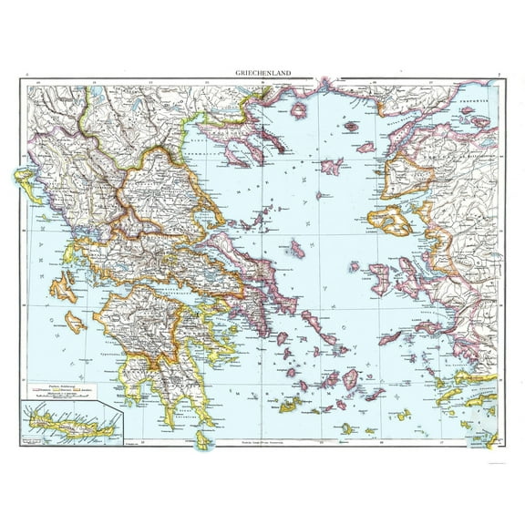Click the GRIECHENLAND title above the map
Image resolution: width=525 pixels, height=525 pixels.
(x=262, y=77)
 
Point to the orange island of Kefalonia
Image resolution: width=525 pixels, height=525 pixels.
(x=64, y=289)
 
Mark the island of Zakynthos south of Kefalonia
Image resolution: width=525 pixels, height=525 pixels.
(x=76, y=321)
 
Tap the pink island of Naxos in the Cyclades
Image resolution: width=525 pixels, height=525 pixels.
(x=350, y=378)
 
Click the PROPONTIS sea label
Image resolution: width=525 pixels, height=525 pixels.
(x=480, y=94)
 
